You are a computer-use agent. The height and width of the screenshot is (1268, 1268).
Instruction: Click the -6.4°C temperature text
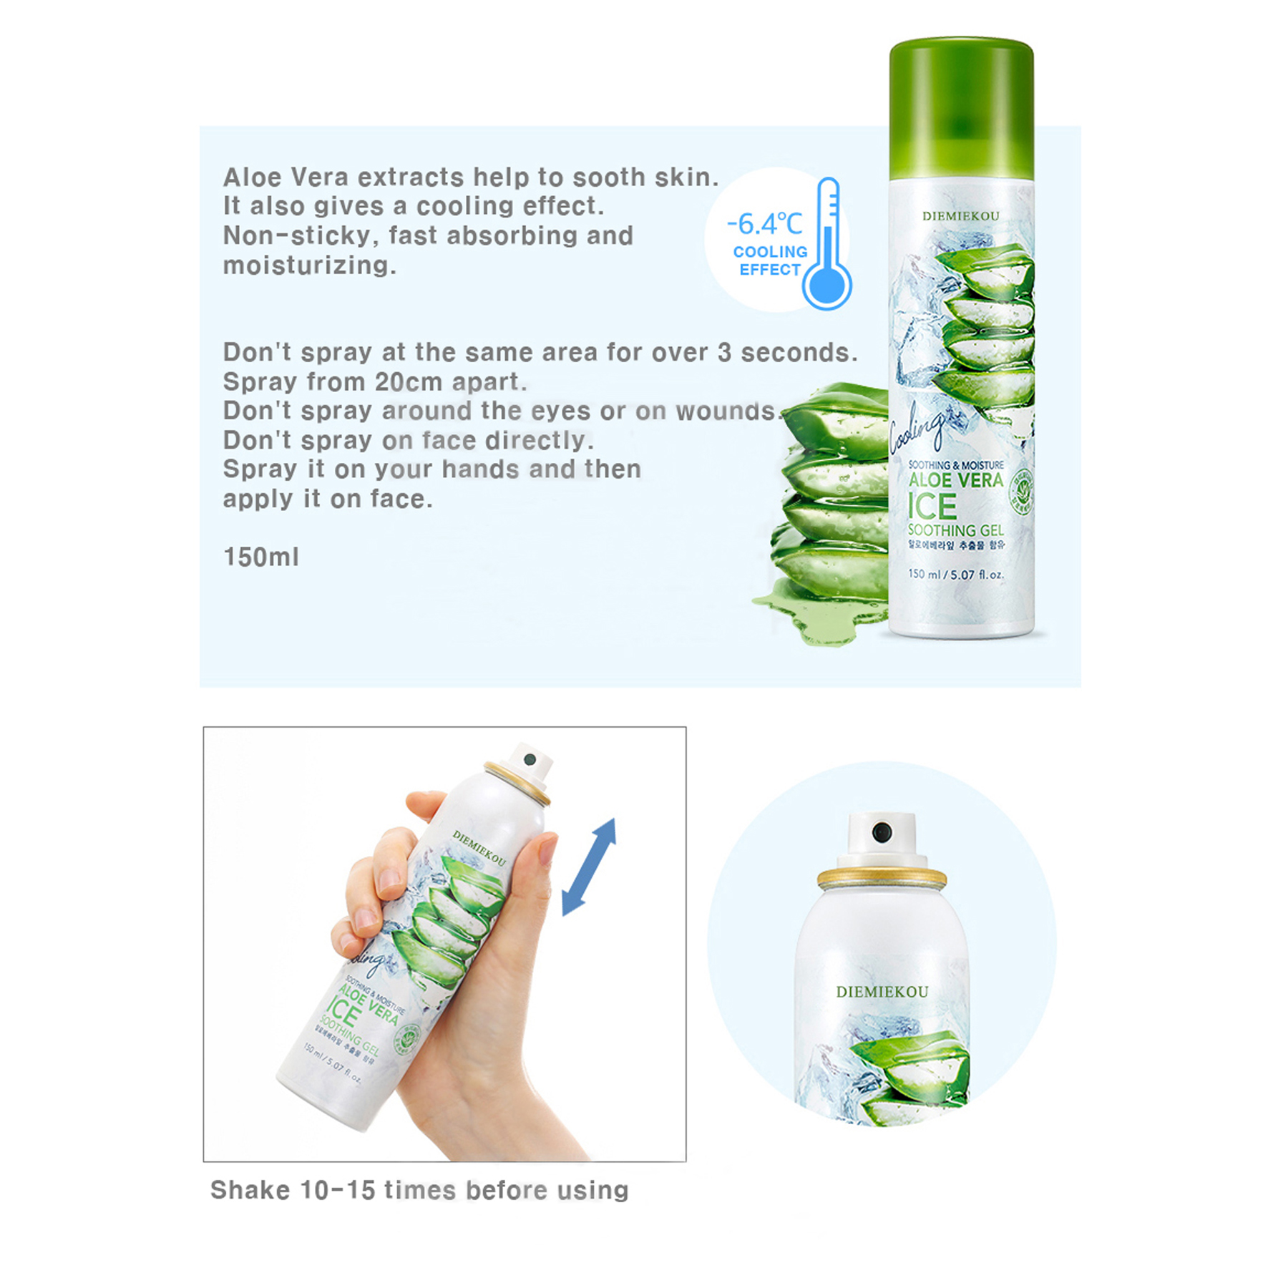[x=764, y=225]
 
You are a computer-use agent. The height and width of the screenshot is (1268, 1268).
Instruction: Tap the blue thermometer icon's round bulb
[x=826, y=287]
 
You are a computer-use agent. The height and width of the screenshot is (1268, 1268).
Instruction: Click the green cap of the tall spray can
[x=961, y=107]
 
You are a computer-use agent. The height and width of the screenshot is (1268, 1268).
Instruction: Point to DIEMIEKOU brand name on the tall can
[x=960, y=216]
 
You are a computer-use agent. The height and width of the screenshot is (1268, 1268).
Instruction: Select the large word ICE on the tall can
[x=932, y=507]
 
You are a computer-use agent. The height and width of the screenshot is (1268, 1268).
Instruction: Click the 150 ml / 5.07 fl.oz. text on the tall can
[x=955, y=574]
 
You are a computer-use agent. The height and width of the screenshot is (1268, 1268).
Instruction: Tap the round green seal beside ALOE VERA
[x=1021, y=491]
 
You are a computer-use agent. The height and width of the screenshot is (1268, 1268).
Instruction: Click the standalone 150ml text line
[x=261, y=557]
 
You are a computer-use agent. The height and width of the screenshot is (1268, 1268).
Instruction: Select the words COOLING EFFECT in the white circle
[x=770, y=260]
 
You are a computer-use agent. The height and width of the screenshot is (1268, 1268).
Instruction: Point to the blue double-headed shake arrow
[x=588, y=867]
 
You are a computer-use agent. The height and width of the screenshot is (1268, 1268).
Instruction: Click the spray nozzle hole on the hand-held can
[x=530, y=759]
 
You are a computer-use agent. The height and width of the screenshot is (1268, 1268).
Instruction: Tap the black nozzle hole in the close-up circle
[x=882, y=831]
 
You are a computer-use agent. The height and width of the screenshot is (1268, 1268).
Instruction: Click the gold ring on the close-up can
[x=882, y=877]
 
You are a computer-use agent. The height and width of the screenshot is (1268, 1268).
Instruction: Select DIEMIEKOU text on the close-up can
[x=882, y=992]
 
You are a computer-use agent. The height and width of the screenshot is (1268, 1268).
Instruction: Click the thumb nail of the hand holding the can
[x=547, y=851]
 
